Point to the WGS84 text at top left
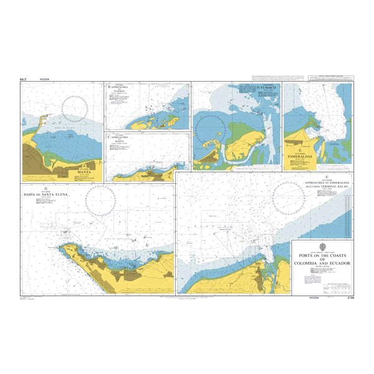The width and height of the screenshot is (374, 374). (44, 80)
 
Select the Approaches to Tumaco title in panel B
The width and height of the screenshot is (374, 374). (118, 89)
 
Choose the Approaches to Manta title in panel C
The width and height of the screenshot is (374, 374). (118, 138)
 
